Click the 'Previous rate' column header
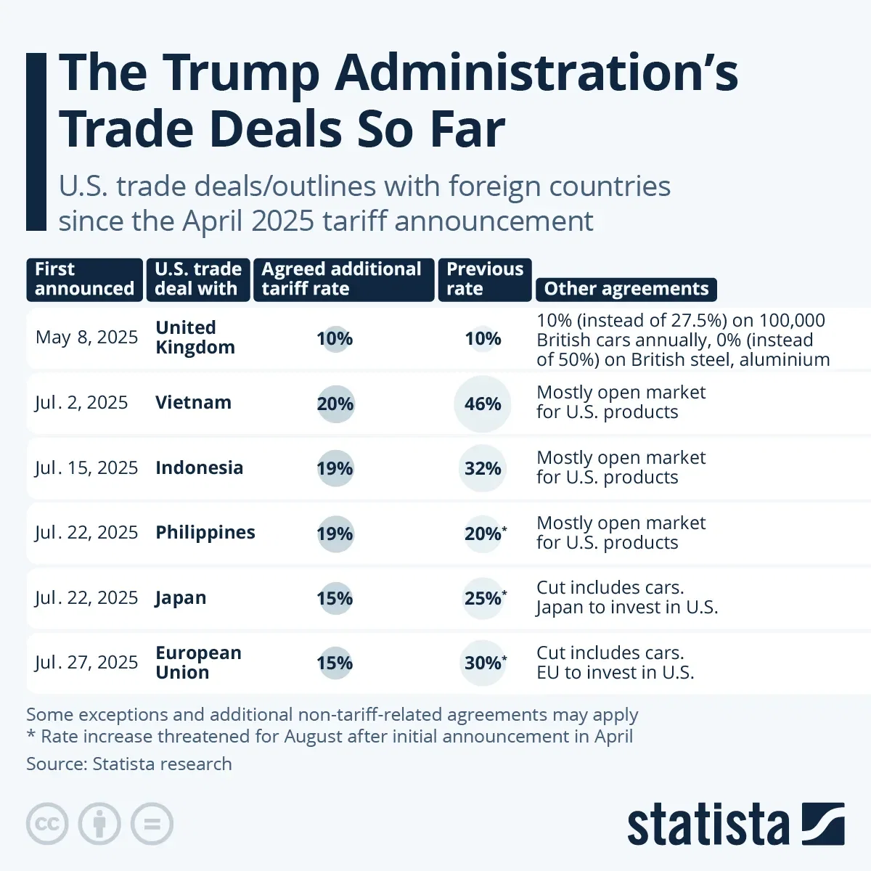coord(484,279)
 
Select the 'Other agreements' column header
coord(626,289)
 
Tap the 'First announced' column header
coord(84,279)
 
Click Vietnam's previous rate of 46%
coord(483,404)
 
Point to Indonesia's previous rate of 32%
coord(483,469)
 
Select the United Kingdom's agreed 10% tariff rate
coord(335,339)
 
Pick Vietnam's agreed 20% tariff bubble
coord(335,404)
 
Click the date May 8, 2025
coord(86,338)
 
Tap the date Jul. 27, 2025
coord(86,663)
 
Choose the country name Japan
coord(181,598)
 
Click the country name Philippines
coord(205,533)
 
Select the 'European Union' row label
coord(198,663)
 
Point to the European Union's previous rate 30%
coord(483,663)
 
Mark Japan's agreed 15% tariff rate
coord(335,599)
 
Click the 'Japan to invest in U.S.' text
coord(627,608)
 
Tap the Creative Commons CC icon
coord(47,825)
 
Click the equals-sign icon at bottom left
coord(152,825)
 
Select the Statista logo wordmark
coord(708,825)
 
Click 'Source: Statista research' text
coord(129,764)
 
